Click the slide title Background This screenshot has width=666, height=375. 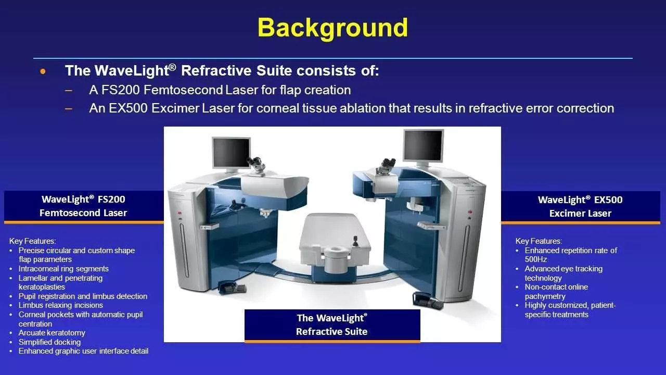pos(332,27)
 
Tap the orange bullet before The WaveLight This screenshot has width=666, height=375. pos(43,71)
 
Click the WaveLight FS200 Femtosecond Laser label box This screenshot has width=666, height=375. pos(83,206)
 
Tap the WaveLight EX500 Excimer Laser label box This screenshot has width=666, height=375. pos(580,206)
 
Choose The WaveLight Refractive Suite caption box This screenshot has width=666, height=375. pos(332,324)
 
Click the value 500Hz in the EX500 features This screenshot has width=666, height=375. pos(536,259)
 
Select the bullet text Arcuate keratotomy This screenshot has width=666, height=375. pos(52,333)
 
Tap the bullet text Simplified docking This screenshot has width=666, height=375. pos(49,342)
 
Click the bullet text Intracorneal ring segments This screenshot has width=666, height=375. pos(63,269)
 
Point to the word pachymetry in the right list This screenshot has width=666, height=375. pos(545,296)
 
